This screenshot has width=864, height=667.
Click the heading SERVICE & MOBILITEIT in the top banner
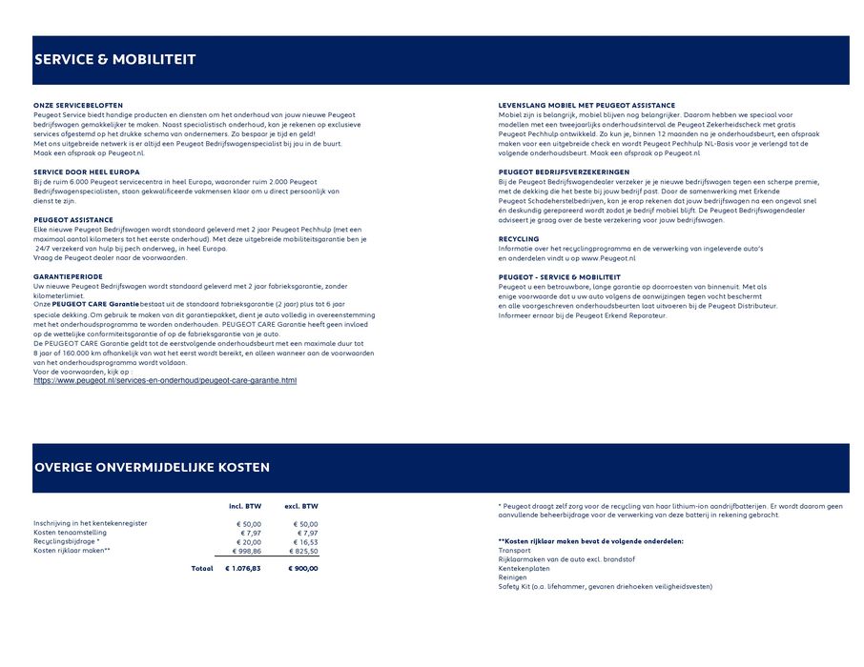click(x=114, y=60)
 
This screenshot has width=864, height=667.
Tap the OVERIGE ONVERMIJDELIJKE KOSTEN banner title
click(x=152, y=468)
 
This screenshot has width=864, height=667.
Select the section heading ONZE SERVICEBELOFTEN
click(x=78, y=105)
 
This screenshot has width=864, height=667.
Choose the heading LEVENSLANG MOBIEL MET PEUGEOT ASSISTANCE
click(x=586, y=105)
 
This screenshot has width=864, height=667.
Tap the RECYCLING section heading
click(x=519, y=238)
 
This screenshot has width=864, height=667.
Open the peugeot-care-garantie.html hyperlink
click(x=165, y=381)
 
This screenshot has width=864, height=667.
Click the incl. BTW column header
click(x=245, y=506)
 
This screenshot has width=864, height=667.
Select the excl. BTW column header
click(x=301, y=506)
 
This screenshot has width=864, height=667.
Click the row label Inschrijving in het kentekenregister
click(x=91, y=523)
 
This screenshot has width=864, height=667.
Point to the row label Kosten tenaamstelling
click(x=70, y=533)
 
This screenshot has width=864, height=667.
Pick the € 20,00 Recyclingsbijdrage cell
click(x=249, y=541)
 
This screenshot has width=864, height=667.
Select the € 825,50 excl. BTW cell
click(x=303, y=551)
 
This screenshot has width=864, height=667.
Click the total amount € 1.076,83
click(x=242, y=569)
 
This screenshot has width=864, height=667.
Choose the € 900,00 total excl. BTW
click(x=303, y=569)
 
